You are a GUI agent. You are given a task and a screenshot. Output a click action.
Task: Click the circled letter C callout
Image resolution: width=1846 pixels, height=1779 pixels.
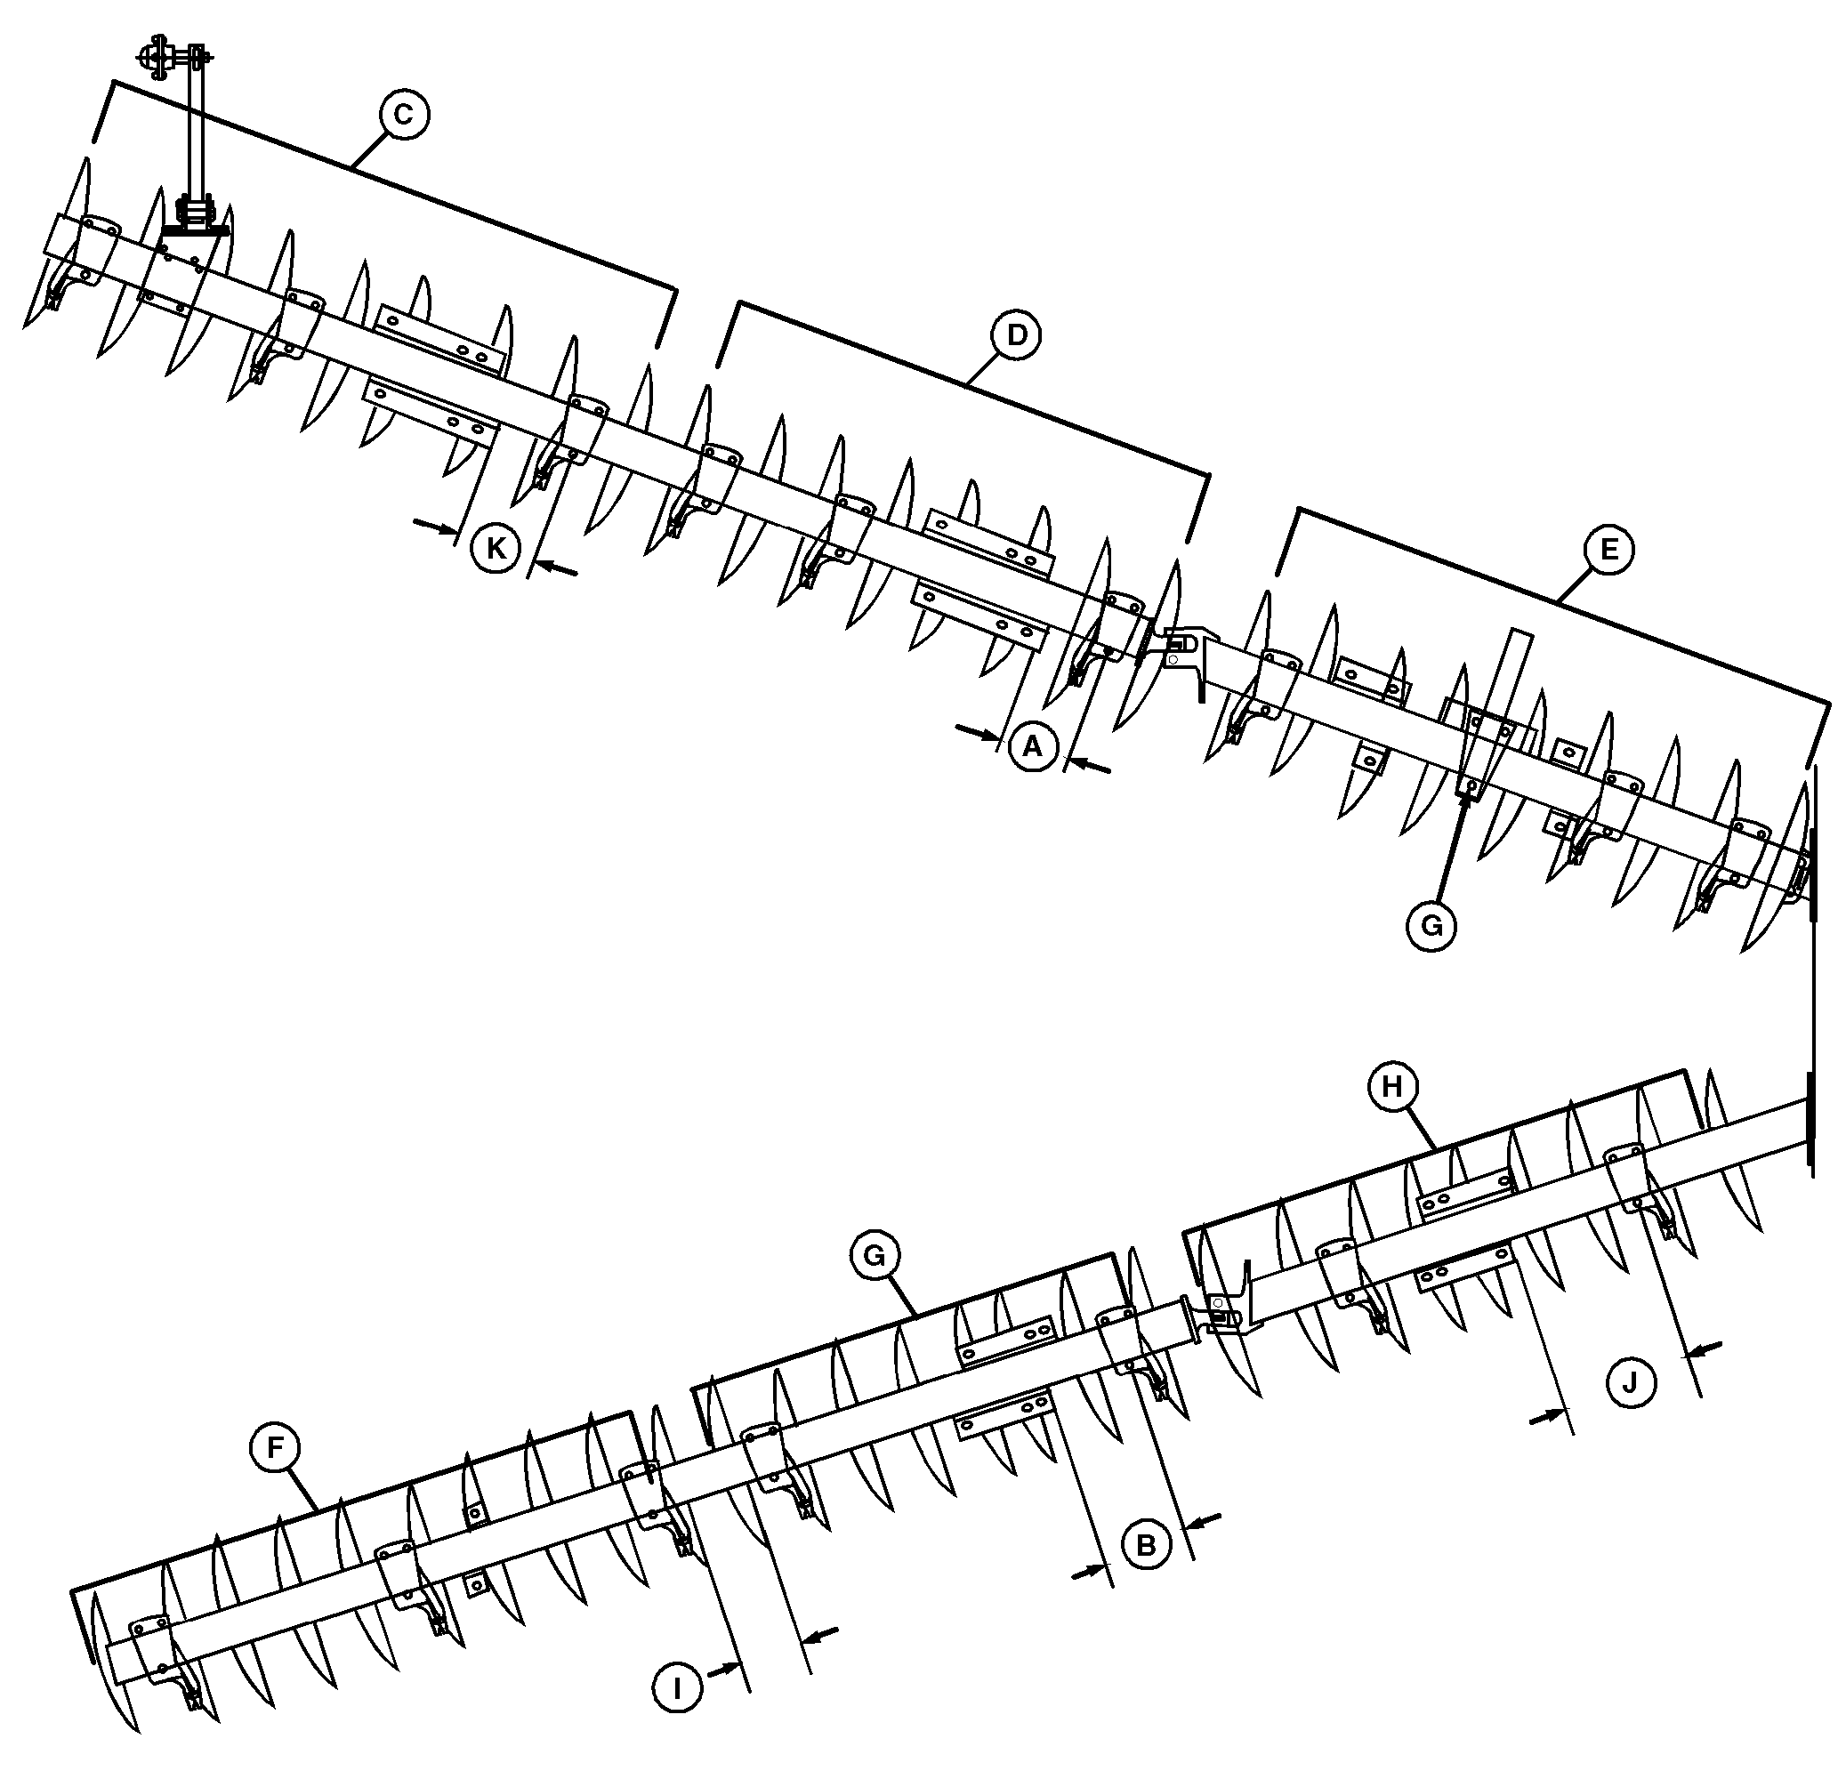403,115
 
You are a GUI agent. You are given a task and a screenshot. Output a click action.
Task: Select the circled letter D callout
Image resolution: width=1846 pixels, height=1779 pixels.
1016,335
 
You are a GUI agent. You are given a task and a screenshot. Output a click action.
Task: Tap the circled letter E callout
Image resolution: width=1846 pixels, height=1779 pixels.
1608,549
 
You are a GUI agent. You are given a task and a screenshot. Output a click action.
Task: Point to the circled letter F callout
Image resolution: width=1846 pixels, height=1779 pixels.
275,1447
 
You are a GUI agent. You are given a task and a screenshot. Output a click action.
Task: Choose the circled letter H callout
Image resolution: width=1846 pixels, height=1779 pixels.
1392,1088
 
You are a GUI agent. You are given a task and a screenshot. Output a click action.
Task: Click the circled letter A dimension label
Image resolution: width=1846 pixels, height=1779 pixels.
1033,747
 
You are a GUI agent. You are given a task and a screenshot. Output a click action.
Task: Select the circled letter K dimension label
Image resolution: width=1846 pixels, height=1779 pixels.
496,548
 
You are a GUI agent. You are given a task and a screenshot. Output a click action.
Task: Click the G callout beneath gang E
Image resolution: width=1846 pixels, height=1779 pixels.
1431,927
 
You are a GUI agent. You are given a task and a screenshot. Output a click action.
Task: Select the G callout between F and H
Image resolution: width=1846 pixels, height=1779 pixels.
875,1255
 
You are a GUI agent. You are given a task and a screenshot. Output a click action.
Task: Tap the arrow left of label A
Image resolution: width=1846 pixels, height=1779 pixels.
976,731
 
